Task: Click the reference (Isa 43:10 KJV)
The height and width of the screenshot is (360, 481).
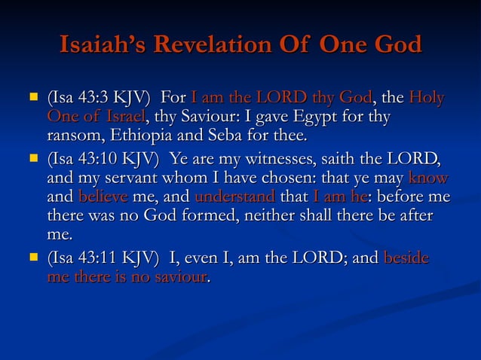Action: [103, 159]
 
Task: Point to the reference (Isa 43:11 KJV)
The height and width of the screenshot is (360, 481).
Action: [103, 259]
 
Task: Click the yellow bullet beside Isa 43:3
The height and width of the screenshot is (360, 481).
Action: [32, 97]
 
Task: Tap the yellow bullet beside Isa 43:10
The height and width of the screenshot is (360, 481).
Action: [32, 158]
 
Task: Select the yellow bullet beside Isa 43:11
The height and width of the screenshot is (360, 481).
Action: [32, 258]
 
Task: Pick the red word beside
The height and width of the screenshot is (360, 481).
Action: [406, 259]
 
